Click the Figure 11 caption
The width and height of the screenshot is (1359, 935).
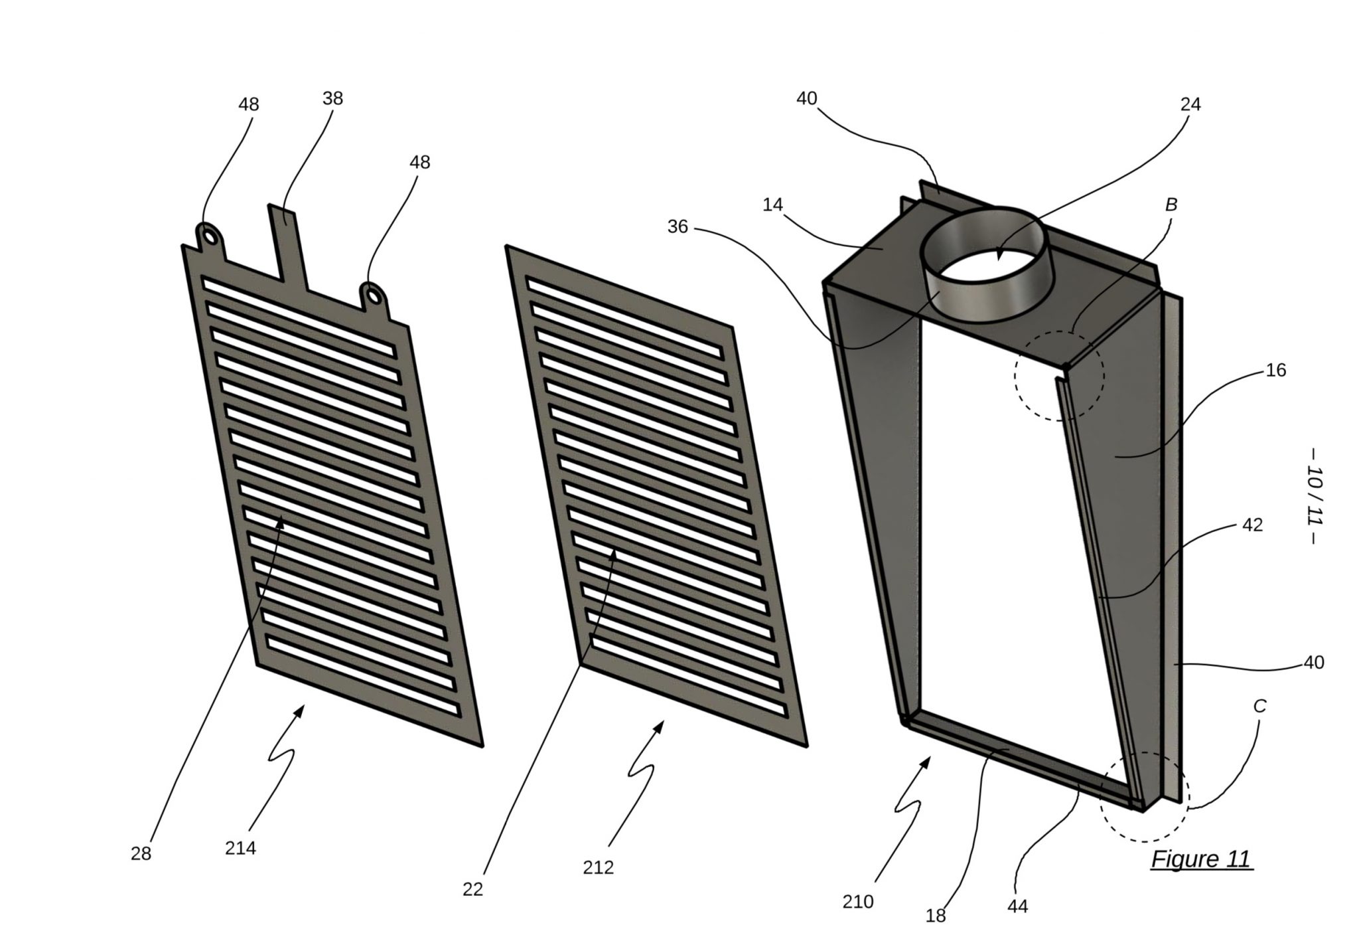coord(1200,859)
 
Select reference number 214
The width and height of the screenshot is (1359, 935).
coord(240,848)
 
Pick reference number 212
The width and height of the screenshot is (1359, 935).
coord(598,867)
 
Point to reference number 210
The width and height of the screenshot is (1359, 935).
coord(858,902)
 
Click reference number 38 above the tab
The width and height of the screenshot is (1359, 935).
coord(332,98)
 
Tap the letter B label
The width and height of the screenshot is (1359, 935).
coord(1171,205)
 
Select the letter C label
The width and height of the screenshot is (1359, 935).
coord(1259,707)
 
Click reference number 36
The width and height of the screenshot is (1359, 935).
coord(678,227)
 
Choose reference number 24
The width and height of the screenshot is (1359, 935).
coord(1190,104)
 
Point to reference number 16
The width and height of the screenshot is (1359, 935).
coord(1276,370)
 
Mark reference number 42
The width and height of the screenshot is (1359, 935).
coord(1252,525)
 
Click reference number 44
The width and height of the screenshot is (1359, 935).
coord(1017,906)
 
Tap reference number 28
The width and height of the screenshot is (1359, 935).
coord(141,853)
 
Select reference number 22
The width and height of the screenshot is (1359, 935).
coord(472,889)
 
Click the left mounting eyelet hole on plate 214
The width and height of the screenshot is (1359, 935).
coord(210,236)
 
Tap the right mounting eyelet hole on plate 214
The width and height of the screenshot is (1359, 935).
coord(372,292)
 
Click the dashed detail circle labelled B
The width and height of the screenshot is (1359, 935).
coord(1059,375)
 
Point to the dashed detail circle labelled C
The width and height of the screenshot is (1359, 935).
coord(1144,796)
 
